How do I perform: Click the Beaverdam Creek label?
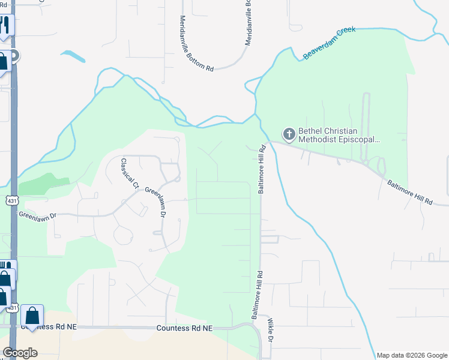tap(330, 43)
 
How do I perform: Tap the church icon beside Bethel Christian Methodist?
tap(289, 134)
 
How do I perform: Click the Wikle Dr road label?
tap(271, 331)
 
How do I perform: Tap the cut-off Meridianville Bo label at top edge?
tap(248, 23)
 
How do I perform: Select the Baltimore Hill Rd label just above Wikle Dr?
tap(256, 295)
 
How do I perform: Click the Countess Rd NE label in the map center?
tap(184, 328)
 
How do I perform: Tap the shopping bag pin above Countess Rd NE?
tap(32, 315)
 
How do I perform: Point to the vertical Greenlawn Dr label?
tap(161, 203)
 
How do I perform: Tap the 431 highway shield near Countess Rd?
tap(11, 307)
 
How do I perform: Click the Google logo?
tap(20, 352)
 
